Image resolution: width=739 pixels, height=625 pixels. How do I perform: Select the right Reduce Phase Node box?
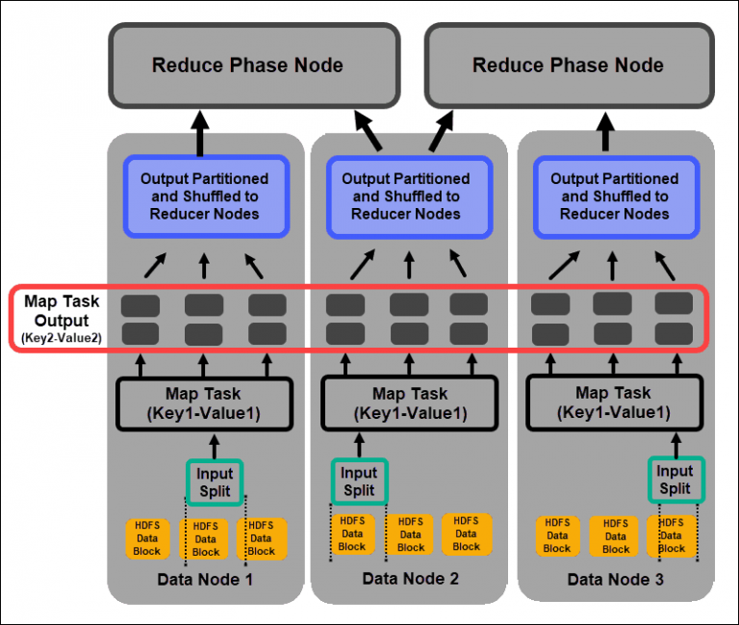(x=568, y=65)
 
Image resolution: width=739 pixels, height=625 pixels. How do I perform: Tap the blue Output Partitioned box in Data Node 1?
(x=204, y=195)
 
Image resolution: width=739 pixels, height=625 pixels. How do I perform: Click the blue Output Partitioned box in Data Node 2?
(x=406, y=195)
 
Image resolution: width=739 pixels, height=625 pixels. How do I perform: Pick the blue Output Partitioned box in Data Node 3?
(x=614, y=195)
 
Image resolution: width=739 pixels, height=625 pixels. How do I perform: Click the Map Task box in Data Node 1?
(x=203, y=402)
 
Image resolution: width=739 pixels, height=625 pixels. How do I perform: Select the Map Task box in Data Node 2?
(x=409, y=402)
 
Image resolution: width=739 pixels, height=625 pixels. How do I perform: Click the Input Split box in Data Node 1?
(x=215, y=482)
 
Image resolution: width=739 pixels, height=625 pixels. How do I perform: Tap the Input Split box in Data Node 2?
(x=359, y=481)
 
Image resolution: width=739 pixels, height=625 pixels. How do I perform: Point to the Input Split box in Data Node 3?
(x=675, y=480)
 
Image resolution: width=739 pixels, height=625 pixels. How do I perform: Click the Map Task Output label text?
(x=62, y=310)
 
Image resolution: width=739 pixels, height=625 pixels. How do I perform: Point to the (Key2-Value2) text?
(x=62, y=338)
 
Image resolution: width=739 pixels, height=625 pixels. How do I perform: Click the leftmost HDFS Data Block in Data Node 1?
(x=148, y=538)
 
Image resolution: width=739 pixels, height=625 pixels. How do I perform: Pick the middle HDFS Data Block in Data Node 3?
(x=616, y=536)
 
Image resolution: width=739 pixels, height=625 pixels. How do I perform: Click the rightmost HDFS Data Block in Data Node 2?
(x=467, y=534)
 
